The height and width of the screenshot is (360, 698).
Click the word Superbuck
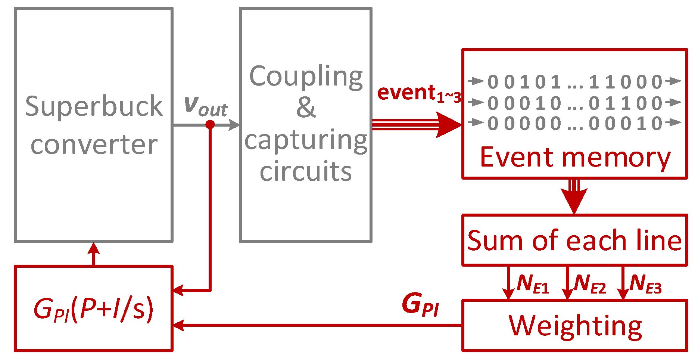94,106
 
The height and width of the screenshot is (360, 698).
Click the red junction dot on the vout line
210,124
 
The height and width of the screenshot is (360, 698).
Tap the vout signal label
206,106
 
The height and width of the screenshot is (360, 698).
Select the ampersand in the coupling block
306,108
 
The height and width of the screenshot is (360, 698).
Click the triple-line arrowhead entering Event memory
450,125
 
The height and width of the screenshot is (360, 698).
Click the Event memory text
575,158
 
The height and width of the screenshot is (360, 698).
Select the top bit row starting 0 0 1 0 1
575,81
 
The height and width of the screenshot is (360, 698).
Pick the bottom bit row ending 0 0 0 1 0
575,123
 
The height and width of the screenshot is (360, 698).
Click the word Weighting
575,326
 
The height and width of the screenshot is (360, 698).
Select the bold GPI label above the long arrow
420,305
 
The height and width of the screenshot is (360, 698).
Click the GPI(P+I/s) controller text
93,309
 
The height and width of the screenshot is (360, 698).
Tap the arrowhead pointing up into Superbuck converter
94,248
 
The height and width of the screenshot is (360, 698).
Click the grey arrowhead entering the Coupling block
234,125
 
